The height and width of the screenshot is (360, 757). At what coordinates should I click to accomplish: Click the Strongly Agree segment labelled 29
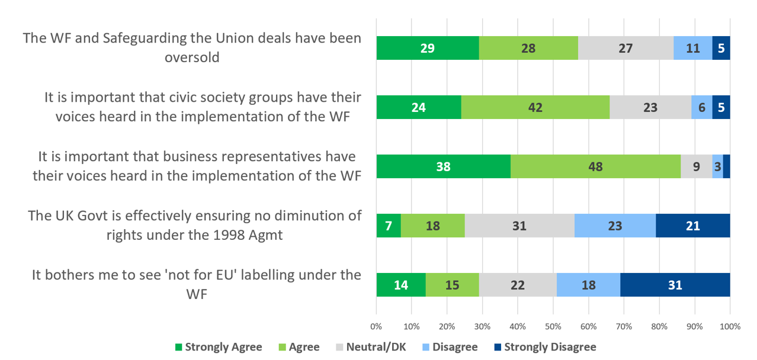tap(428, 48)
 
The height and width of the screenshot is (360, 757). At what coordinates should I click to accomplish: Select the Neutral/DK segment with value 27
tap(626, 48)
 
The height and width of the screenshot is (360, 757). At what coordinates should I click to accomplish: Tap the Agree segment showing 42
tap(535, 107)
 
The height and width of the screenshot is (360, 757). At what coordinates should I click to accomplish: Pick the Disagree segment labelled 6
tap(702, 107)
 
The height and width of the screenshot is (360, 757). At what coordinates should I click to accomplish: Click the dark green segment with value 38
tap(443, 166)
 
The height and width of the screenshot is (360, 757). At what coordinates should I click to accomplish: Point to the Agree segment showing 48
tap(595, 166)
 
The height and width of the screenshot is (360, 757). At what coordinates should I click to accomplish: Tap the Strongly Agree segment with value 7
tap(389, 226)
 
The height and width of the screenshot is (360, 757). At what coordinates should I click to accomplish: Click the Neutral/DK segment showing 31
tap(519, 226)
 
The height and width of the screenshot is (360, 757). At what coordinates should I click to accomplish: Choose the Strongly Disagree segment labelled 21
tap(692, 226)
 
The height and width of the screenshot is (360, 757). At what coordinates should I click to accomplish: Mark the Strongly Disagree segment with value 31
tap(675, 285)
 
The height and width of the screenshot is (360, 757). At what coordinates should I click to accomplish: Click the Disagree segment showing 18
tap(589, 285)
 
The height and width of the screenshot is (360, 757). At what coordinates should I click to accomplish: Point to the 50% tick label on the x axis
tap(553, 326)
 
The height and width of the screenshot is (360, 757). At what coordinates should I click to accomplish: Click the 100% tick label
tap(730, 326)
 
